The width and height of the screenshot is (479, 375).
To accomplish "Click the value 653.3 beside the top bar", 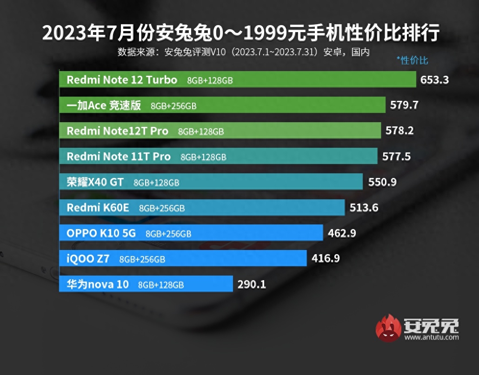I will coord(434,80).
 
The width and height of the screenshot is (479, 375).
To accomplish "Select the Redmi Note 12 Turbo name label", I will coord(122,80).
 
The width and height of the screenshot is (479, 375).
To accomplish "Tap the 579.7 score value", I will coord(405,105).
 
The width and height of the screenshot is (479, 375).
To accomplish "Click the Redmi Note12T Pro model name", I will coord(117,131).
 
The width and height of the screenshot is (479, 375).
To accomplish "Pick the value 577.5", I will coord(396,157).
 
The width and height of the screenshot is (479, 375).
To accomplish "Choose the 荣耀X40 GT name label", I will coord(95,182).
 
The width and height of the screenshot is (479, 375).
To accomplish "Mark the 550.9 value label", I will coord(382,182).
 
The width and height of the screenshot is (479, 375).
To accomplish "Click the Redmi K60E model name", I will coord(98,208).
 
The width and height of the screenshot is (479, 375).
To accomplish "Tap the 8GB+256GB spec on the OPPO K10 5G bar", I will coord(168,234).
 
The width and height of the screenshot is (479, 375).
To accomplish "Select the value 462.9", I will coord(342,233).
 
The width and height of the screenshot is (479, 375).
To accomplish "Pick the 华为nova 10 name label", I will coord(97,284).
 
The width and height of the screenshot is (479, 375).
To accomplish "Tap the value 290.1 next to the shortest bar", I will coord(252,284).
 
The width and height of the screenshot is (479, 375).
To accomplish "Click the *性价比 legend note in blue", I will coord(412,60).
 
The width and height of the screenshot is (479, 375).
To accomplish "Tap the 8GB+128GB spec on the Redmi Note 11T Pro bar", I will coord(203,157).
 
